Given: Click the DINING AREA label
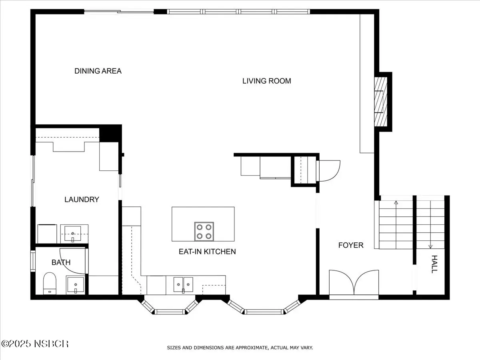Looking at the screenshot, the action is click(x=98, y=71).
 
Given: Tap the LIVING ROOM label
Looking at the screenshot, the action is click(x=266, y=81).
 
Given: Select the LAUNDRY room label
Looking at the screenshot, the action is click(x=82, y=199).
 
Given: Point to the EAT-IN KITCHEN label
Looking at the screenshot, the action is click(x=207, y=252).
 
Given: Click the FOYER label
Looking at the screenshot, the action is click(x=351, y=245).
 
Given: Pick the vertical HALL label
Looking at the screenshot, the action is click(x=434, y=264).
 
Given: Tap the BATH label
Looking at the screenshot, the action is click(x=61, y=262).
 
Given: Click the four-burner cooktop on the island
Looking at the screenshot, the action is click(x=204, y=232).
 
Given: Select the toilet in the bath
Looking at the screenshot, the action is click(x=50, y=283).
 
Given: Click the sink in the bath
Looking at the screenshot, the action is click(x=76, y=284).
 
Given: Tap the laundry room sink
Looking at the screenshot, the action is click(x=73, y=234).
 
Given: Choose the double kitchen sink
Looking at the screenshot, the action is click(x=183, y=284).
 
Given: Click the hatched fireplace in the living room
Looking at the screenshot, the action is click(x=381, y=102).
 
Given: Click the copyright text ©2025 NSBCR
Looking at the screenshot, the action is click(x=35, y=344).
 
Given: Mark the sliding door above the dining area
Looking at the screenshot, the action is click(x=119, y=12).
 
